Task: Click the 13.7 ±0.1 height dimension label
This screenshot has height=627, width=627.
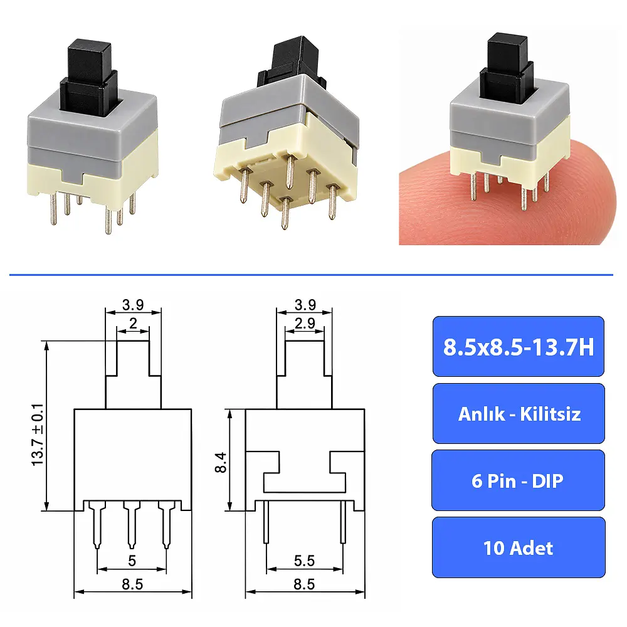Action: [38, 435]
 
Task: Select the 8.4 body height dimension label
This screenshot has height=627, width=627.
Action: [221, 462]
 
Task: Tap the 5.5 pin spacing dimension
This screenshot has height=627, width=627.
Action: [304, 561]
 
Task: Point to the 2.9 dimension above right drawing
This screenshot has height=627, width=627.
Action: [305, 323]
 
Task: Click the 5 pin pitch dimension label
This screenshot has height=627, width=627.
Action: [132, 561]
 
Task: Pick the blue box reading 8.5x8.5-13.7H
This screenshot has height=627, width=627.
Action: [519, 346]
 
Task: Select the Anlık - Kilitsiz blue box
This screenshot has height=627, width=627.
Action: [519, 413]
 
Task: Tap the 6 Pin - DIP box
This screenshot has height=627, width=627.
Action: [519, 480]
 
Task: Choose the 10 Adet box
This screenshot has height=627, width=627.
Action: [519, 547]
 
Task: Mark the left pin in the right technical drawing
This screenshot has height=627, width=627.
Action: [266, 522]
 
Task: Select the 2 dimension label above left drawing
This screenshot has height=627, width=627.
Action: [133, 323]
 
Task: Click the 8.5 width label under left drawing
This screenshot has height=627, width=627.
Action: [132, 584]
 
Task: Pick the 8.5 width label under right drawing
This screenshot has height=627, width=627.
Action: [304, 584]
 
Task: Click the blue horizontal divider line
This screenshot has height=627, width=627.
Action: [311, 275]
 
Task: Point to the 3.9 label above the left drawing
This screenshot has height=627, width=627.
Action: [133, 305]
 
